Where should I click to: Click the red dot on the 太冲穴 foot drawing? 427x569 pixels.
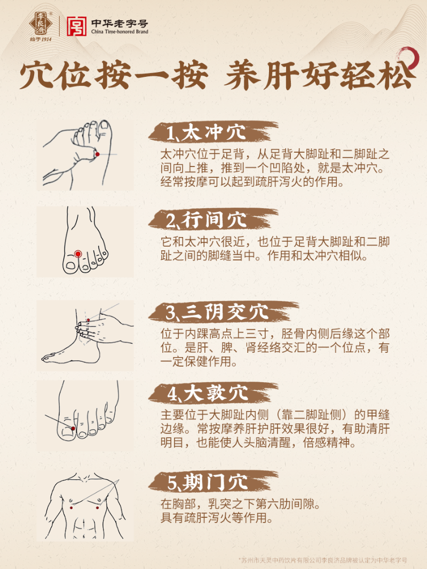click(x=97, y=154)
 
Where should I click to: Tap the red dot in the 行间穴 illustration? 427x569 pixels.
click(x=78, y=254)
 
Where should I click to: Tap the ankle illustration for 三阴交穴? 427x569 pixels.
click(x=85, y=336)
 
